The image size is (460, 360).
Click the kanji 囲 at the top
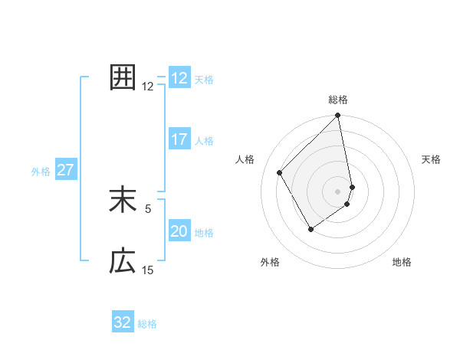pos(123,77)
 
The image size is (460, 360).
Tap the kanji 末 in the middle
pos(123,200)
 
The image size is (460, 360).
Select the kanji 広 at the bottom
pos(123,261)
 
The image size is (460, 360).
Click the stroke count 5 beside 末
pos(148,208)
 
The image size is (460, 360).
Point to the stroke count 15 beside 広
pos(148,270)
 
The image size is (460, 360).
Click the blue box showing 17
pos(179,139)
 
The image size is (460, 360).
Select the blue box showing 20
pos(179,231)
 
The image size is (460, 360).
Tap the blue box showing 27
pos(65,170)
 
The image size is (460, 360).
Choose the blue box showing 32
pos(123,322)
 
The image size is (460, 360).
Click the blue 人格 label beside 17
pos(204,141)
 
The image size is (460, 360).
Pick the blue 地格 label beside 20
pos(204,233)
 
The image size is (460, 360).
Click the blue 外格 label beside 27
pos(41,172)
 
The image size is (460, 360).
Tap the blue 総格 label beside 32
pos(147,324)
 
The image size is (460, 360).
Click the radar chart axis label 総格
pos(338,100)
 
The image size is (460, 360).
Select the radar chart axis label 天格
pos(432,159)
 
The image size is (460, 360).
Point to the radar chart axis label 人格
pos(245,159)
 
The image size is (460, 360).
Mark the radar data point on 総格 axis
pos(338,116)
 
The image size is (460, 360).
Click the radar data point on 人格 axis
pos(280,172)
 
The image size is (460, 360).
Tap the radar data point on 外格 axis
pos(310,229)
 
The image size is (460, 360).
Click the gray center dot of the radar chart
pos(338,191)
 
